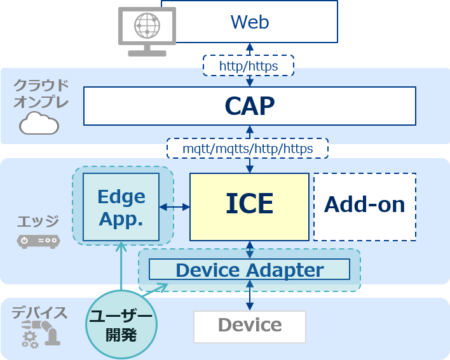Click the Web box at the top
(x=250, y=22)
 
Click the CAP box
(x=250, y=106)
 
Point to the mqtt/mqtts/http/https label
(x=247, y=149)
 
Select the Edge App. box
(x=121, y=207)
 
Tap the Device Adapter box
(x=249, y=269)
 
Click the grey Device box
(x=250, y=326)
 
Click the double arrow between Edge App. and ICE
(x=175, y=207)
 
